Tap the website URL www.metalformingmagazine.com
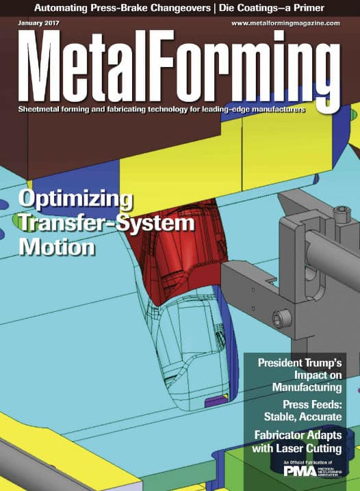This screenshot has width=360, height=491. [285, 23]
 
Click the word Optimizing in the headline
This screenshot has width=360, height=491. [76, 200]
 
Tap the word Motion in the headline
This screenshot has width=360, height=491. [55, 246]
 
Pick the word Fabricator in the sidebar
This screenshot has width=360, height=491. [283, 435]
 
